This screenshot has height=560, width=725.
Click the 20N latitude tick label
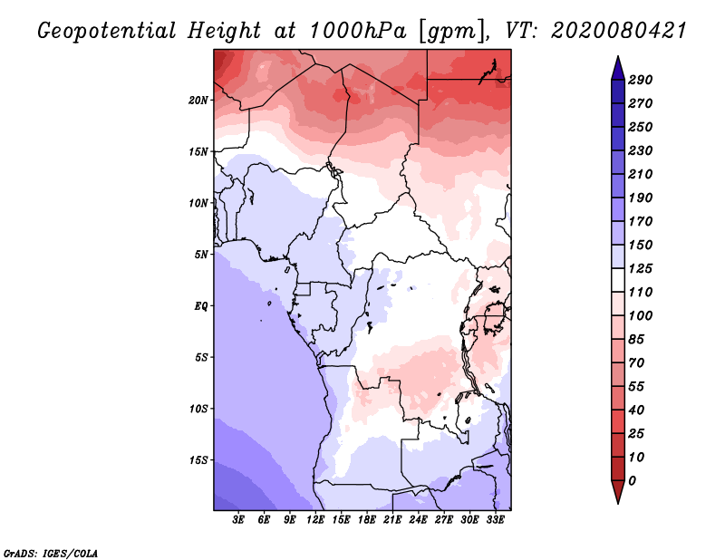tap(198, 100)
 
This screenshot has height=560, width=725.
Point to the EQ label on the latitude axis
tap(201, 305)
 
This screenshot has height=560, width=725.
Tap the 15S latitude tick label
tap(198, 459)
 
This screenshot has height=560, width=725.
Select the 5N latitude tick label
tap(201, 254)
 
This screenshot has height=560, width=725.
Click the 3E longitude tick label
tap(239, 520)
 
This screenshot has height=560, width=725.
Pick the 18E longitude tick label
tap(367, 520)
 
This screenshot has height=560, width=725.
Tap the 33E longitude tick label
tap(495, 520)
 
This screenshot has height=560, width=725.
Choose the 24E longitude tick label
tap(418, 520)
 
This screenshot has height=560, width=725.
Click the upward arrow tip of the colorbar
tap(617, 59)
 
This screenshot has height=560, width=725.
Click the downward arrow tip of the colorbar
tap(617, 501)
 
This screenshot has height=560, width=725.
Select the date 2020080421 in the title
tap(605, 30)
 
